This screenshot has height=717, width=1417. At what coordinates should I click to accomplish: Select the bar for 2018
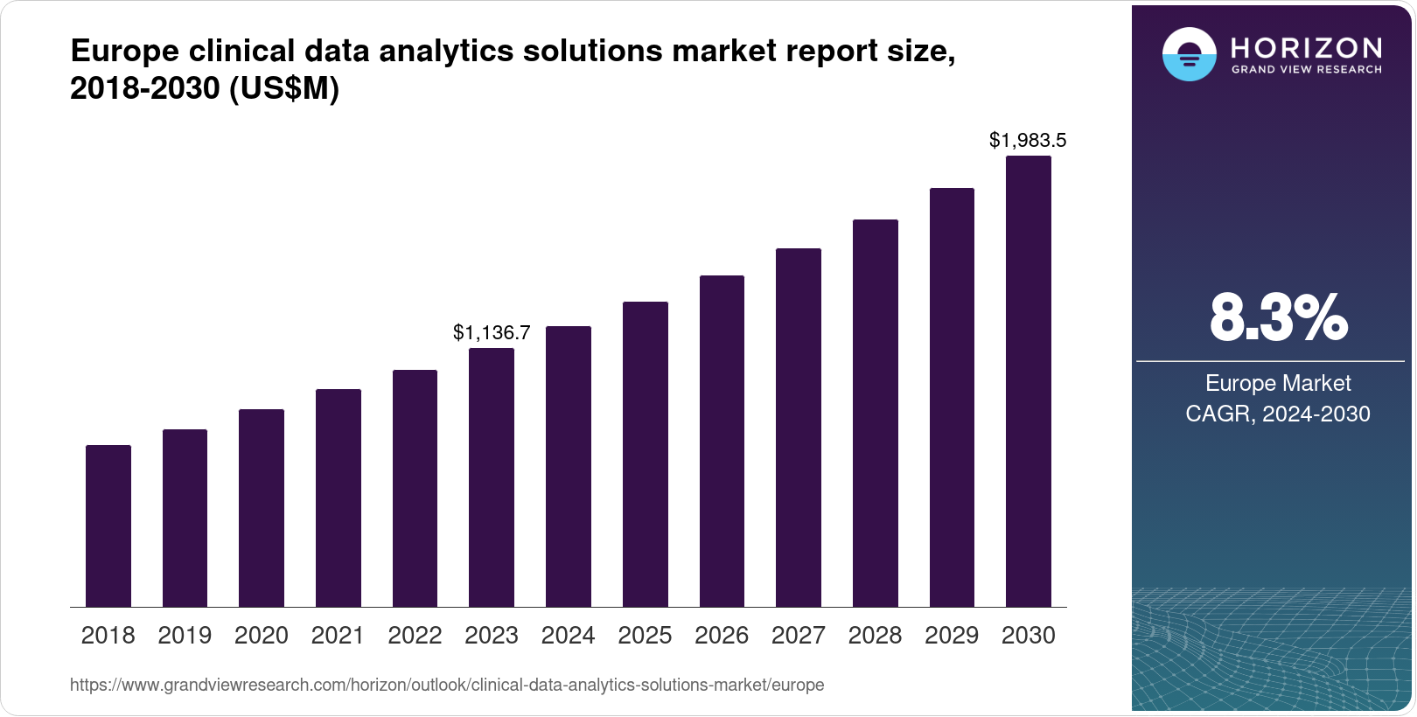click(x=108, y=526)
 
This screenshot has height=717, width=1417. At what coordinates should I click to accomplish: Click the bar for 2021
click(x=339, y=498)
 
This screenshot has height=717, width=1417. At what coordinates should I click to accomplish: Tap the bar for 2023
click(x=492, y=477)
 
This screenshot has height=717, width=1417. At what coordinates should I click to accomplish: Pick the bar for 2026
click(x=722, y=442)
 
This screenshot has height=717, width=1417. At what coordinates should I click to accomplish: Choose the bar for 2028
click(x=875, y=414)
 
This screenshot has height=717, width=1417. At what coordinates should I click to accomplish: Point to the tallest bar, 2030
click(x=1029, y=381)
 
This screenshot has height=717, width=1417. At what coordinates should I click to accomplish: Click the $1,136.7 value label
click(x=492, y=332)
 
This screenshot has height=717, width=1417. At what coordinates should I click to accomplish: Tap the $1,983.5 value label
click(x=1028, y=140)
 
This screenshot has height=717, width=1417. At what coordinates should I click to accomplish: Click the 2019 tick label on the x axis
click(x=185, y=636)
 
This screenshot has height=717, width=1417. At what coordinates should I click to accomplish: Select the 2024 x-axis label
click(x=568, y=636)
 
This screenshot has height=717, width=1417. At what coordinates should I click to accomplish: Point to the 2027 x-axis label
click(x=798, y=636)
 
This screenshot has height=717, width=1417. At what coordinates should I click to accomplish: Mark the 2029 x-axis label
click(x=952, y=636)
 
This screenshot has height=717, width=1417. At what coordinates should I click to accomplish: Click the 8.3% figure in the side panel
click(x=1278, y=318)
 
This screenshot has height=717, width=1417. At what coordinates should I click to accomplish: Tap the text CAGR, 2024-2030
click(x=1278, y=414)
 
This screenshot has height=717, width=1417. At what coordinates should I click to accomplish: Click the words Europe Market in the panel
click(x=1278, y=383)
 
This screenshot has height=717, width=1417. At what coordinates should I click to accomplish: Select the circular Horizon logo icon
click(x=1189, y=54)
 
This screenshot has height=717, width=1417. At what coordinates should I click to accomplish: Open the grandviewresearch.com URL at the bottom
click(x=447, y=685)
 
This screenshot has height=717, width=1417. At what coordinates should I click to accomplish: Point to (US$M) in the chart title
click(x=284, y=88)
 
